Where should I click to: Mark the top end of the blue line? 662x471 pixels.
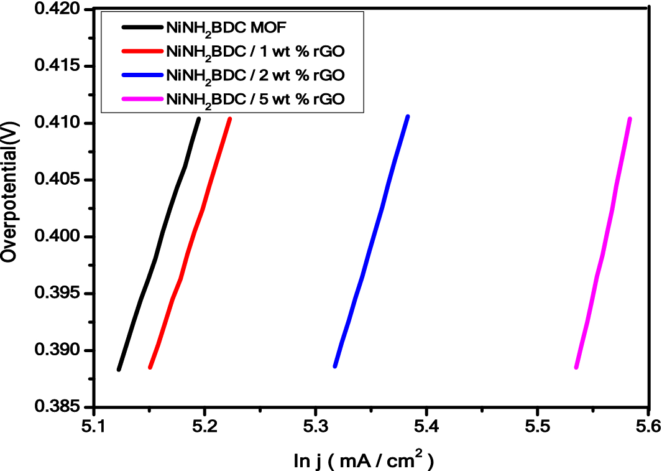[x=408, y=116]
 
